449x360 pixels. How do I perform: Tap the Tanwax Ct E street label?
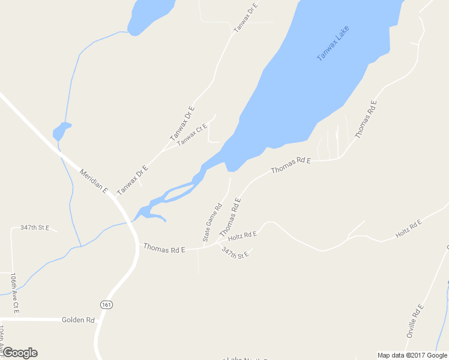[x=192, y=133]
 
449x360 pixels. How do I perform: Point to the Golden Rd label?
[x=79, y=320]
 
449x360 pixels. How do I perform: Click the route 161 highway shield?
[x=106, y=304]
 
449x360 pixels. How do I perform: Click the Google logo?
[x=20, y=353]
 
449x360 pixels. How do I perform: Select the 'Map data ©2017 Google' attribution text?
[x=412, y=355]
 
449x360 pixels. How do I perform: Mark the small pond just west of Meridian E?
[x=61, y=131]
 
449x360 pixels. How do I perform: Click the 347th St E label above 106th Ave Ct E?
[x=35, y=228]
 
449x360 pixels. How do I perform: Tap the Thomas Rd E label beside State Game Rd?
[x=230, y=217]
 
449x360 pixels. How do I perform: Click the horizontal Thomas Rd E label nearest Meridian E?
[x=164, y=248]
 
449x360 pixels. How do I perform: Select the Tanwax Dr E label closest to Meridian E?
[x=132, y=179]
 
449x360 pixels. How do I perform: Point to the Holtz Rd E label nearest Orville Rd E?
[x=409, y=228]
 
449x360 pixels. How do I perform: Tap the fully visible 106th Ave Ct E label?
[x=14, y=293]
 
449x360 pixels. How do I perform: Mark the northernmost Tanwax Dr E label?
[x=246, y=17]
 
